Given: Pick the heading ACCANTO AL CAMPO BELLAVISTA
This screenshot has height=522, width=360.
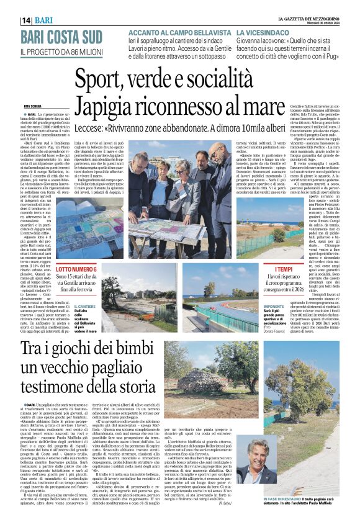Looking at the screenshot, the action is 169,31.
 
